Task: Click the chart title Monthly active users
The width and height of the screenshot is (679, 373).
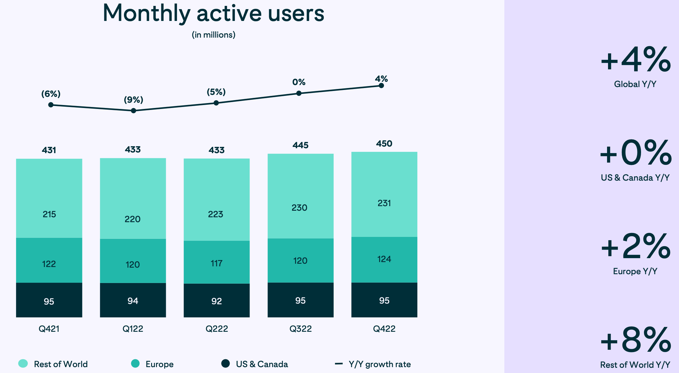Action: point(213,14)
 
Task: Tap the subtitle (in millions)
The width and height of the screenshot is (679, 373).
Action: point(213,35)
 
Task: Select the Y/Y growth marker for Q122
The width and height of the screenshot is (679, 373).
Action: point(133,111)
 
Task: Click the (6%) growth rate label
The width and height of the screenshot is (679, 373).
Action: point(51,94)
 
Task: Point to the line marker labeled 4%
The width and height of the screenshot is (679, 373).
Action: point(381,86)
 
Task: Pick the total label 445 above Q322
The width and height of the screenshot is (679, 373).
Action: point(300,145)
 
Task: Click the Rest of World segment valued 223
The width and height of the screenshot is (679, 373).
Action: point(217,200)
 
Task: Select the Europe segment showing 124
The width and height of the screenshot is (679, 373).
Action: point(384,259)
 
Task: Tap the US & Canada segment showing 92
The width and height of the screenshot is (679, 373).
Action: point(217,300)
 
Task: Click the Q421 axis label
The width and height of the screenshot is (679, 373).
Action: point(49,329)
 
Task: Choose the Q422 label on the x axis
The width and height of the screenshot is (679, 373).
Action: point(384,329)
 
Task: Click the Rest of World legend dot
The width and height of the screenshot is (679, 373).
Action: point(23,364)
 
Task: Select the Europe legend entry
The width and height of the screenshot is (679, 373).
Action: point(159,364)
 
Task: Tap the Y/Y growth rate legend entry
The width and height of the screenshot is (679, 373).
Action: point(379,364)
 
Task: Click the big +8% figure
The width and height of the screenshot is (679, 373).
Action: point(635,340)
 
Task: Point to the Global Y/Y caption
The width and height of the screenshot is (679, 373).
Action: point(635,84)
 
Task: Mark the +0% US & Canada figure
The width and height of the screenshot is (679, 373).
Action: point(635,153)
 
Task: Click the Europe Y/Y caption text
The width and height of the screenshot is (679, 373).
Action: point(635,271)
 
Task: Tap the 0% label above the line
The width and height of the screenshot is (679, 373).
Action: point(299,82)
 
